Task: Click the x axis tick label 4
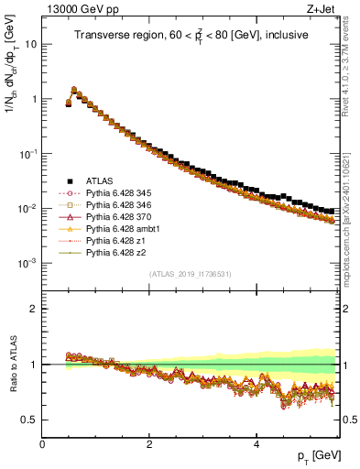tap(256, 444)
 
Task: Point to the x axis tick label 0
tap(43, 444)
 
